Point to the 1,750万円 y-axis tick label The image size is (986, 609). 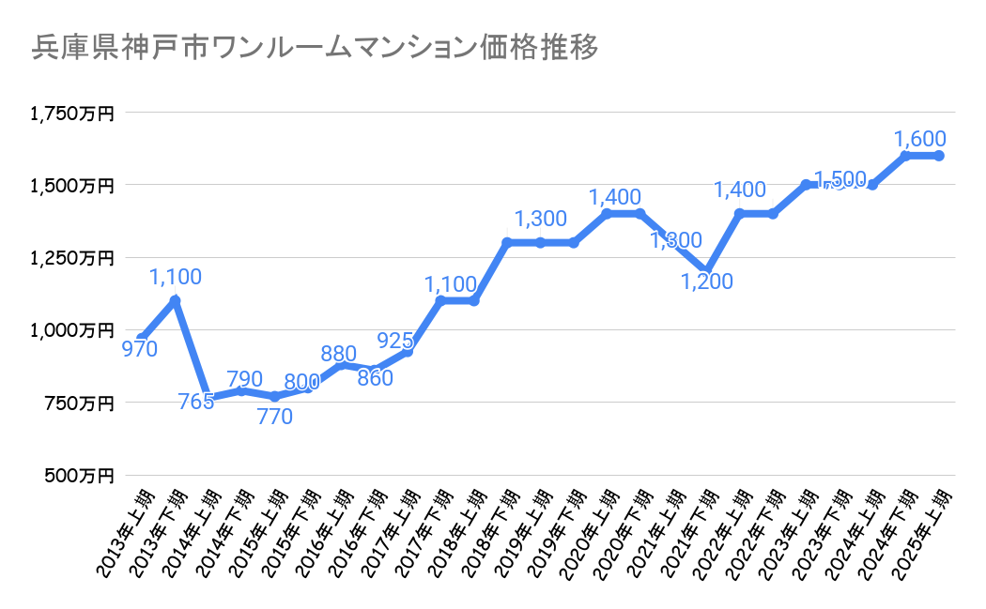tap(71, 114)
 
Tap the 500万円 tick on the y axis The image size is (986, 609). tap(79, 476)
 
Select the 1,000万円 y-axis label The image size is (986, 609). tap(71, 330)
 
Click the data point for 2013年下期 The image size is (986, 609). tap(175, 300)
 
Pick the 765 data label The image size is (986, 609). tap(195, 402)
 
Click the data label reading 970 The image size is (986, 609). tap(139, 349)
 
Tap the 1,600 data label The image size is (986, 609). tap(919, 138)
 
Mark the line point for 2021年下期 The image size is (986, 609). tap(707, 271)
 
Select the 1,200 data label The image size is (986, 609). tap(706, 282)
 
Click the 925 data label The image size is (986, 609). tap(395, 340)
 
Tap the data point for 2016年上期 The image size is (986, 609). tap(341, 364)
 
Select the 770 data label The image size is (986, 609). tap(275, 416)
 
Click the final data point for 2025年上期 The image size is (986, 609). tap(939, 156)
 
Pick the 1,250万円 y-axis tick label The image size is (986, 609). tap(71, 258)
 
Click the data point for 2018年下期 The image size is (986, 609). tap(507, 243)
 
